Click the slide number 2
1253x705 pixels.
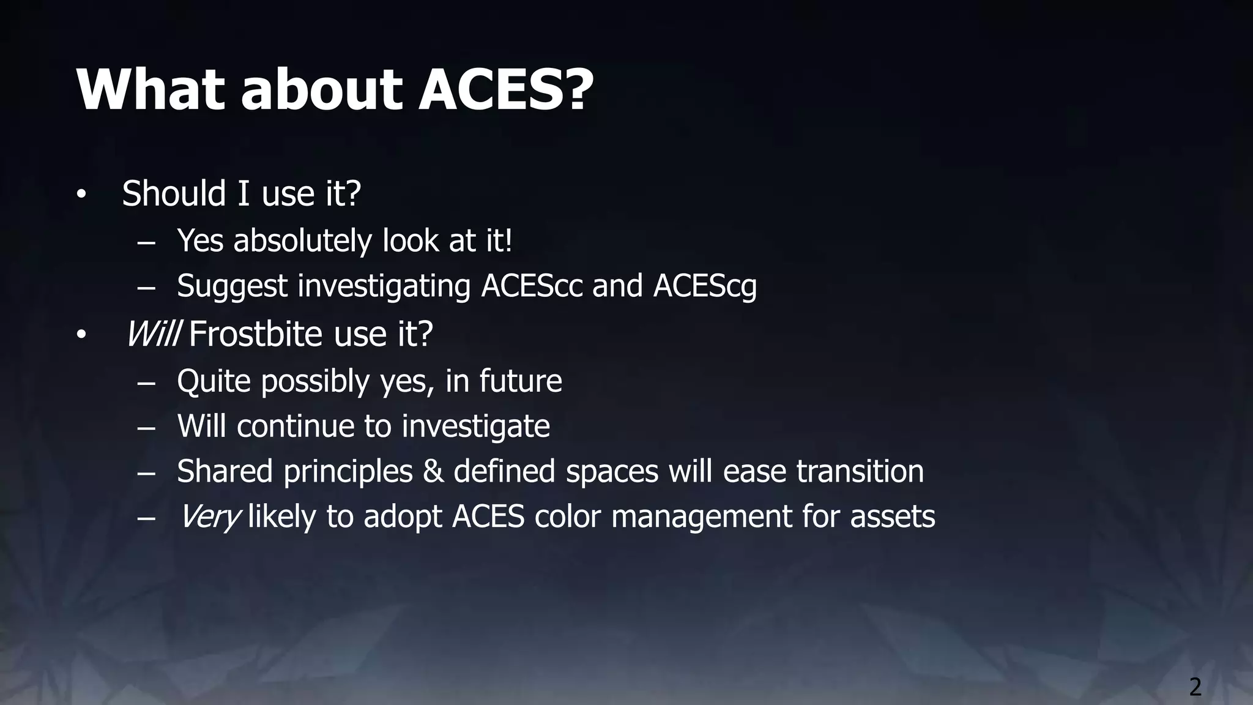1195,687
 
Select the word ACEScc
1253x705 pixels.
532,286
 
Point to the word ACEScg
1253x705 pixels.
705,286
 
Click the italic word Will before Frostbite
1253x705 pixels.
153,334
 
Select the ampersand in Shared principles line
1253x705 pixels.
433,471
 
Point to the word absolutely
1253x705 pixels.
302,241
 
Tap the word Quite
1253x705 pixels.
214,381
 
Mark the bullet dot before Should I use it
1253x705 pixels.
81,195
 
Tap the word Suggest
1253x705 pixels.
232,286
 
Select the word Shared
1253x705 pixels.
225,471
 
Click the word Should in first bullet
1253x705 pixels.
174,193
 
